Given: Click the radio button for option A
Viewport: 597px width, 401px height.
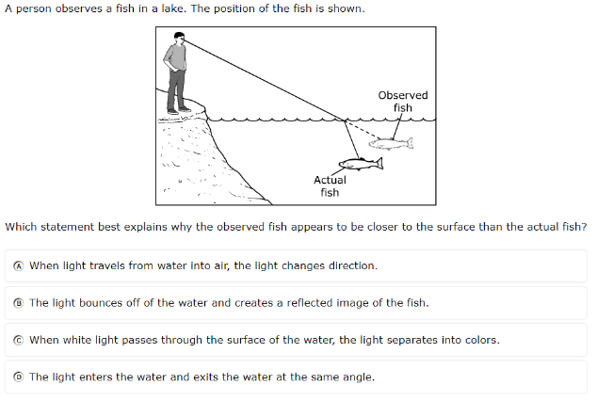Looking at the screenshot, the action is (18, 266).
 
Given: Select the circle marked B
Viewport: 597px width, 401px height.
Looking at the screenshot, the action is (18, 303).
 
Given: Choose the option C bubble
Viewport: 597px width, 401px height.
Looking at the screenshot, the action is (18, 340).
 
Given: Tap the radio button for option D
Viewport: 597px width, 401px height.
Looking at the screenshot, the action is (18, 377).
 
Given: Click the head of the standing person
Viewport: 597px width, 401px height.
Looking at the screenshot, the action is (179, 38).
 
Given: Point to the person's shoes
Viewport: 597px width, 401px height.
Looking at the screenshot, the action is (179, 111).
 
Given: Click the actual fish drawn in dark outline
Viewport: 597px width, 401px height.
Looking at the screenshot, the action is (361, 164).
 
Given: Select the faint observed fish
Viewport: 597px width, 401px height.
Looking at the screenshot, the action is (391, 143).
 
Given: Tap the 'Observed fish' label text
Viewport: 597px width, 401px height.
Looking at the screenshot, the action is (403, 102).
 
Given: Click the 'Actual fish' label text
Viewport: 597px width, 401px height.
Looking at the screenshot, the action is (330, 186).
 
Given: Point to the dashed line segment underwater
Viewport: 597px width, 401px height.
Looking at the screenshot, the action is (363, 130).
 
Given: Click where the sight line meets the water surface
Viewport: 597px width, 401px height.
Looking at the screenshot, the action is (345, 120).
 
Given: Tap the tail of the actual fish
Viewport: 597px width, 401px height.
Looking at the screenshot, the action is (379, 163).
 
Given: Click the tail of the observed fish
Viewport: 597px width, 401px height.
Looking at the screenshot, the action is (410, 143).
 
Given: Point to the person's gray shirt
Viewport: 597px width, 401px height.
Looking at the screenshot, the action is (175, 57).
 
